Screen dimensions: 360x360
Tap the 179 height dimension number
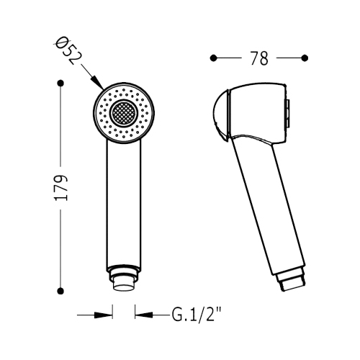tap(61, 188)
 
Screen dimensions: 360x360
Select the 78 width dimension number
tap(259, 58)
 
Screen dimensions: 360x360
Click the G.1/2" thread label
tap(196, 315)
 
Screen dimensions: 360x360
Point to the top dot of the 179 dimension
tap(61, 83)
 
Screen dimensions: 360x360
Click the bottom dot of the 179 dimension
tap(61, 291)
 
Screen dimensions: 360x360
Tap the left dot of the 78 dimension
tap(213, 58)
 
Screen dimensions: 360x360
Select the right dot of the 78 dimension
tap(305, 58)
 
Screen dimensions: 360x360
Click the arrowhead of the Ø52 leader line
tap(98, 83)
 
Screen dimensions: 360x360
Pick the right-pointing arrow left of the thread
tap(95, 315)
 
